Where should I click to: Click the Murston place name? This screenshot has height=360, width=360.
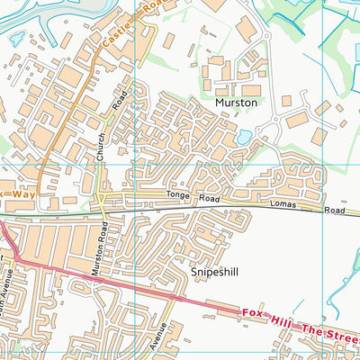tap(236, 103)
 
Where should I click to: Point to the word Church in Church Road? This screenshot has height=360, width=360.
tap(101, 146)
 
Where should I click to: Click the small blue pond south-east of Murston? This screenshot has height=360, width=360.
tap(246, 137)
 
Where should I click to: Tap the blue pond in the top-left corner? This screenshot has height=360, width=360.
tap(15, 39)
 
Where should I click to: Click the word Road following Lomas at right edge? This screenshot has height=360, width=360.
tap(335, 212)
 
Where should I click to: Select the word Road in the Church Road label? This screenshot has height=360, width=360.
tap(117, 104)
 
